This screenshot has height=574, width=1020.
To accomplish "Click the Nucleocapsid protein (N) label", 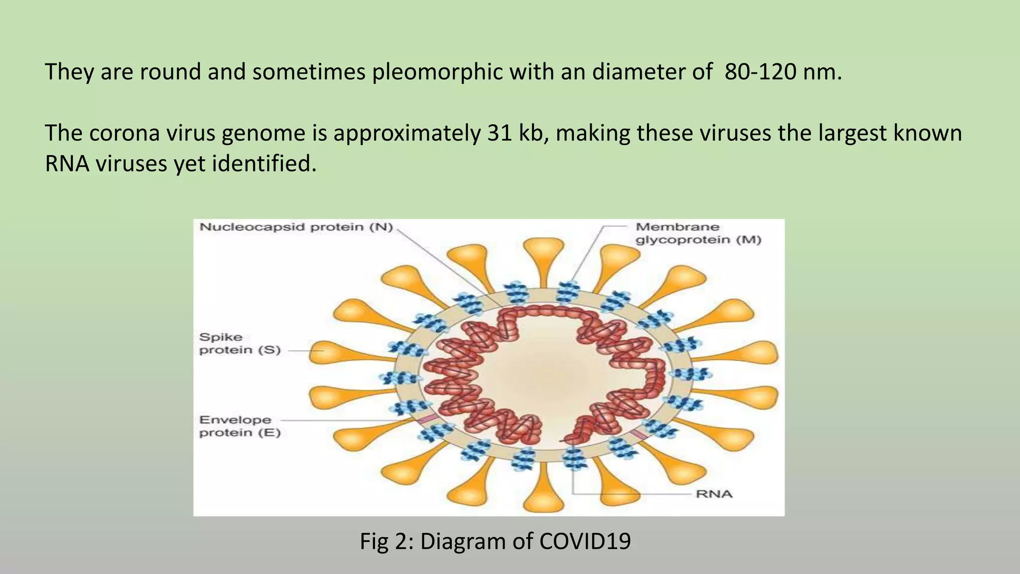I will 296,227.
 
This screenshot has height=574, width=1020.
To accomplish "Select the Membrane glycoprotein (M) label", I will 698,233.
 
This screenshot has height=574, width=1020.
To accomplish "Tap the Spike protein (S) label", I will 240,343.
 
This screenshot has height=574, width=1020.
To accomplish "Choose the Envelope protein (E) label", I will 240,426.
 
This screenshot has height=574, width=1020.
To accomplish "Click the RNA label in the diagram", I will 714,494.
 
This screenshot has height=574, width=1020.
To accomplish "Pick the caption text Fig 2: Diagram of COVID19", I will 495,541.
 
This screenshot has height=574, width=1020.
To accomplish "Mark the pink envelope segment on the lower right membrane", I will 639,434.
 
